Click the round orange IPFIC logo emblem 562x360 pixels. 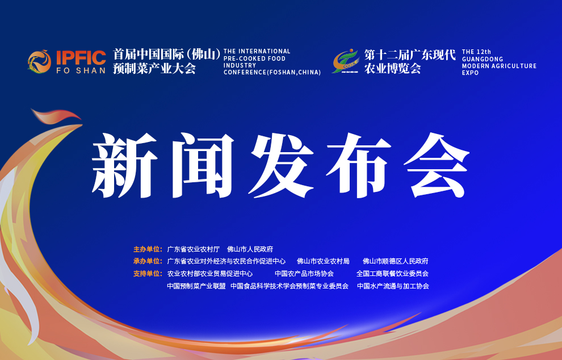point(39,61)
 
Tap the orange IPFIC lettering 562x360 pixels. point(81,58)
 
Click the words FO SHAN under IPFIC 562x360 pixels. point(81,70)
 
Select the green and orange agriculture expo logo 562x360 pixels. point(346,61)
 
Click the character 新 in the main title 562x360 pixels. point(124,165)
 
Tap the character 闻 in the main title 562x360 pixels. point(203,165)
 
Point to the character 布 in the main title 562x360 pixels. point(358,165)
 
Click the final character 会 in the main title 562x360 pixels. point(436,165)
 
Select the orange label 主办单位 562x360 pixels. point(148,249)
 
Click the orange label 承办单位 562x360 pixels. point(148,261)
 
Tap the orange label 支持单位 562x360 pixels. point(148,274)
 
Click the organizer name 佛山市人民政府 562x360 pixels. point(250,249)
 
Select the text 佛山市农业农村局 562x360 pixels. point(324,261)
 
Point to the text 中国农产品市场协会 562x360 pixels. point(304,274)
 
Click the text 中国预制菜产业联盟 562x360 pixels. point(196,286)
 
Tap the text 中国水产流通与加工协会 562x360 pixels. point(393,286)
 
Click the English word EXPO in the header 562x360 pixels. point(470,73)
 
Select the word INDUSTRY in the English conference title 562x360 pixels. point(240,65)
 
